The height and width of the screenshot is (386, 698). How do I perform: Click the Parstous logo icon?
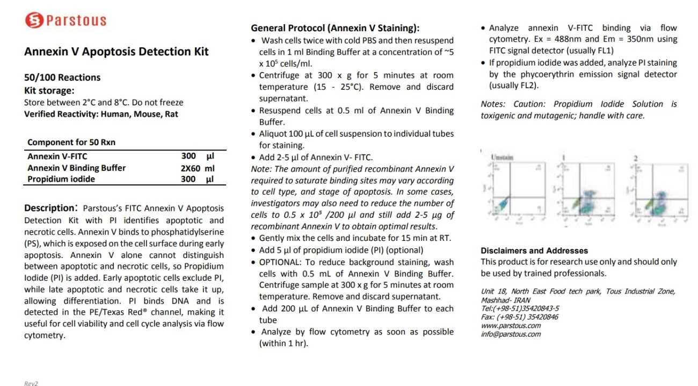click(x=33, y=20)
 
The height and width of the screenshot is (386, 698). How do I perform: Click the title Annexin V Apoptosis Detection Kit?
click(x=117, y=52)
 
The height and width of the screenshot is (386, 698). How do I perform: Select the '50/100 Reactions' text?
click(x=62, y=77)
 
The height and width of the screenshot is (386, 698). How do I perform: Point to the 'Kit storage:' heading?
click(x=49, y=90)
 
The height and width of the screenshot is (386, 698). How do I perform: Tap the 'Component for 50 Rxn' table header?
click(x=71, y=142)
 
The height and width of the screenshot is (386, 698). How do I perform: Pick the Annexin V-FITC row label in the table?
click(x=57, y=156)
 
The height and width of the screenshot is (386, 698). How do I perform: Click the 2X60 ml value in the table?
click(x=198, y=168)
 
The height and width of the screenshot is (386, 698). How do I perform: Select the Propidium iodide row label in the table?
click(x=61, y=179)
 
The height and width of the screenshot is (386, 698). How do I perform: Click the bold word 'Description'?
click(x=48, y=208)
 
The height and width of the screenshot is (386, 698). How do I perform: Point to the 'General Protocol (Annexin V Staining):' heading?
click(x=335, y=28)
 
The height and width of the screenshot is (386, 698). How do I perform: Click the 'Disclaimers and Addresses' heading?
click(x=534, y=251)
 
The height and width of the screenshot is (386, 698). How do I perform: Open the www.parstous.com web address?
click(x=511, y=325)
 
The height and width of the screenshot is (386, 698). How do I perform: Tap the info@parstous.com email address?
click(x=511, y=334)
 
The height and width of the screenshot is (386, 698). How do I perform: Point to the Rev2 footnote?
click(x=31, y=383)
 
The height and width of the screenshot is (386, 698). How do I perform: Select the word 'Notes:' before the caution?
click(x=493, y=104)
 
